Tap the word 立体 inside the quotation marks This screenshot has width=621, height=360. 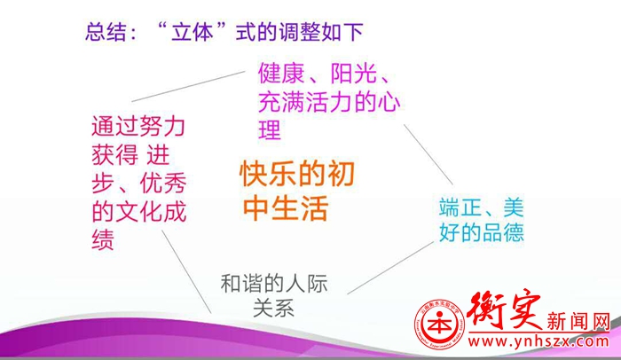pos(193,32)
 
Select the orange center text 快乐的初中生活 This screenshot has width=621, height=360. pos(297,191)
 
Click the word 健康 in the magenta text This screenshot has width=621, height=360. pos(281,73)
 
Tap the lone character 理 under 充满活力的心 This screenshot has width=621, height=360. pos(270,129)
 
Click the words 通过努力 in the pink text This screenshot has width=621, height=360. pos(138,126)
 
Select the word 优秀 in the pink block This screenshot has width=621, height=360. pos(162,183)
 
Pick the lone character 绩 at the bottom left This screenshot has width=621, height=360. pos(103,239)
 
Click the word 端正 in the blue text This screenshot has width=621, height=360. pos(460,207)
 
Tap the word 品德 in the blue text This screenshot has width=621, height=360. pos(503,232)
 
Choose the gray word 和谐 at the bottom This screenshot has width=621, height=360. pos(241,284)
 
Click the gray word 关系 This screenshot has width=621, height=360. pos(273,308)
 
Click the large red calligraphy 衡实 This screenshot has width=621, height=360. pos(504,309)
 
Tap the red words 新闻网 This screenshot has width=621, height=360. pos(578,321)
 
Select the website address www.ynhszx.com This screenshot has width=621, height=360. pos(538,341)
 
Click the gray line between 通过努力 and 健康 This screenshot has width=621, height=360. pos(188,86)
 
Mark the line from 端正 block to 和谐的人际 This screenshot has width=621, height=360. pos(390,268)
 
